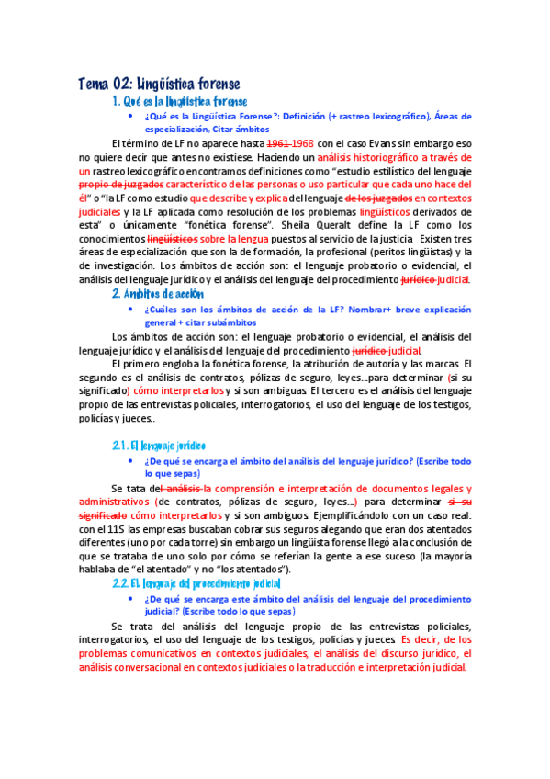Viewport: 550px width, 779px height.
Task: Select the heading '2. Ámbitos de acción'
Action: coord(157,294)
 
